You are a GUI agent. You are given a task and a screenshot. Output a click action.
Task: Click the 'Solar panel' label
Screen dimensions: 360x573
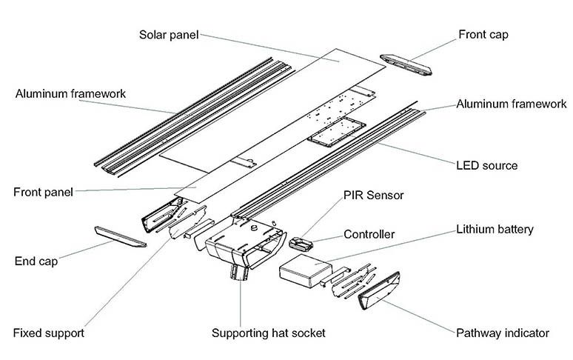[x=169, y=35]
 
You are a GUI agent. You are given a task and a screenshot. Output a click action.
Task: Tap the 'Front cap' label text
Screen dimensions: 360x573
[x=483, y=34]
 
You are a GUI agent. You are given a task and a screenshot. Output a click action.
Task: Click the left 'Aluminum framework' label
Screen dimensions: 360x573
[x=70, y=94]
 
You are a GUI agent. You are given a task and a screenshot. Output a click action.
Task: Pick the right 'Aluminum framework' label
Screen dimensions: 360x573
[x=512, y=104]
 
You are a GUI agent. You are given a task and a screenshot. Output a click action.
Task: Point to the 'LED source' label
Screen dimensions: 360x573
[x=486, y=164]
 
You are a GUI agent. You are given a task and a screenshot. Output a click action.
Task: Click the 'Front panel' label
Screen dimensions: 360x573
[x=43, y=193]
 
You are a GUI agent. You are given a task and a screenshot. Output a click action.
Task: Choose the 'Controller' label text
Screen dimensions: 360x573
[x=369, y=235]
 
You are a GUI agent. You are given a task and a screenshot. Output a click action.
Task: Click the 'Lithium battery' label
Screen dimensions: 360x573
[x=495, y=230]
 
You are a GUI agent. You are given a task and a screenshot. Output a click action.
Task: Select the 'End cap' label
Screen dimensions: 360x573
[x=36, y=261]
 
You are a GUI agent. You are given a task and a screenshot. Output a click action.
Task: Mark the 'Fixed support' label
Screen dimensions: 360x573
[x=48, y=333]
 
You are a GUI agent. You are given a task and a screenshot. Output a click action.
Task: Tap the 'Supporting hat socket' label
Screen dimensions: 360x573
[x=268, y=333]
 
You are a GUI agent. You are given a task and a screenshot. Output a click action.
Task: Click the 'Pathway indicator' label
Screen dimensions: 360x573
[x=503, y=333]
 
